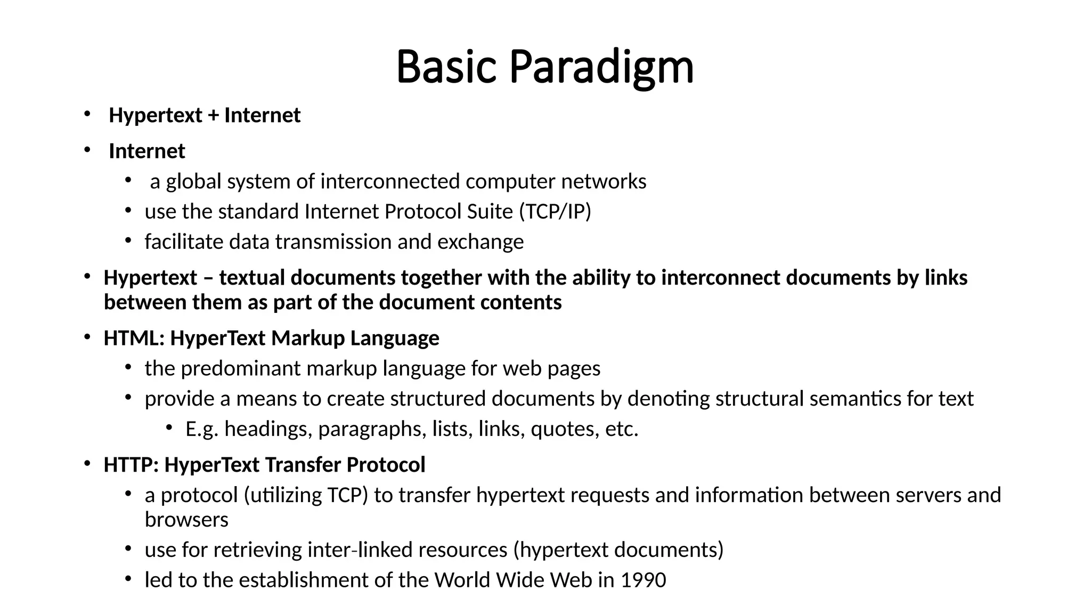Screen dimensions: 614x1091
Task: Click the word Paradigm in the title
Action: pos(601,67)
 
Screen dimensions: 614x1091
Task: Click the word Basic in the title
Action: pos(446,67)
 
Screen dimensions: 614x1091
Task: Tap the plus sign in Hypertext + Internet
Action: pos(213,116)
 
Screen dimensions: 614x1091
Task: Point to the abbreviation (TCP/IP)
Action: pos(555,212)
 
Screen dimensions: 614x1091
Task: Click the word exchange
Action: pos(481,242)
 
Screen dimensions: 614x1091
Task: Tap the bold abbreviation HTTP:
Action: pos(131,465)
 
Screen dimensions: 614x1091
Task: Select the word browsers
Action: pos(186,520)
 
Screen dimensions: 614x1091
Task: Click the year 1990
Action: pos(644,580)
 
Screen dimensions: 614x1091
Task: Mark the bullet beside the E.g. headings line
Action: pos(169,427)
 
